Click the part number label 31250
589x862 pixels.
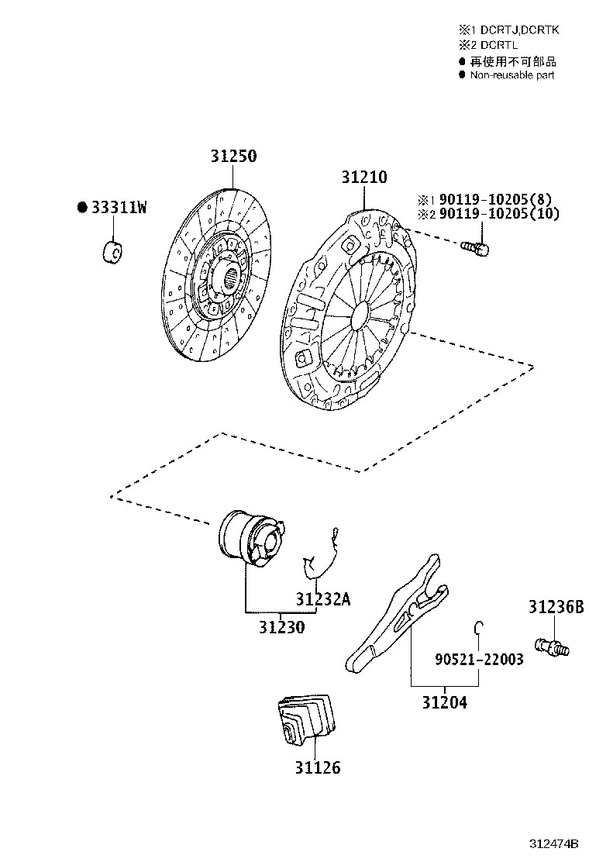pyautogui.click(x=233, y=156)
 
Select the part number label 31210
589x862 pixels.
pyautogui.click(x=364, y=177)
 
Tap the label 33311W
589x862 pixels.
pyautogui.click(x=119, y=207)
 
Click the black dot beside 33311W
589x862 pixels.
pyautogui.click(x=82, y=207)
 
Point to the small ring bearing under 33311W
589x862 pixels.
pyautogui.click(x=112, y=251)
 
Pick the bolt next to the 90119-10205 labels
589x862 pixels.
pyautogui.click(x=476, y=249)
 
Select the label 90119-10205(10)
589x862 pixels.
pyautogui.click(x=499, y=213)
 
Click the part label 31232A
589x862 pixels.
pyautogui.click(x=322, y=598)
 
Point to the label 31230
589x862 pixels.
pyautogui.click(x=282, y=626)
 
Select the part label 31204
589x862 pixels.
pyautogui.click(x=445, y=702)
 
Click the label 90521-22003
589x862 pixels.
pyautogui.click(x=479, y=659)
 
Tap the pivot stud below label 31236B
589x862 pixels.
pyautogui.click(x=552, y=646)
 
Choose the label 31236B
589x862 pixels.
pyautogui.click(x=556, y=607)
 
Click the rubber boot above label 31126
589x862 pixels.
pyautogui.click(x=305, y=721)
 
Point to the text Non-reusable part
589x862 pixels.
pyautogui.click(x=512, y=75)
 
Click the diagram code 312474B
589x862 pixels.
pyautogui.click(x=554, y=844)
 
